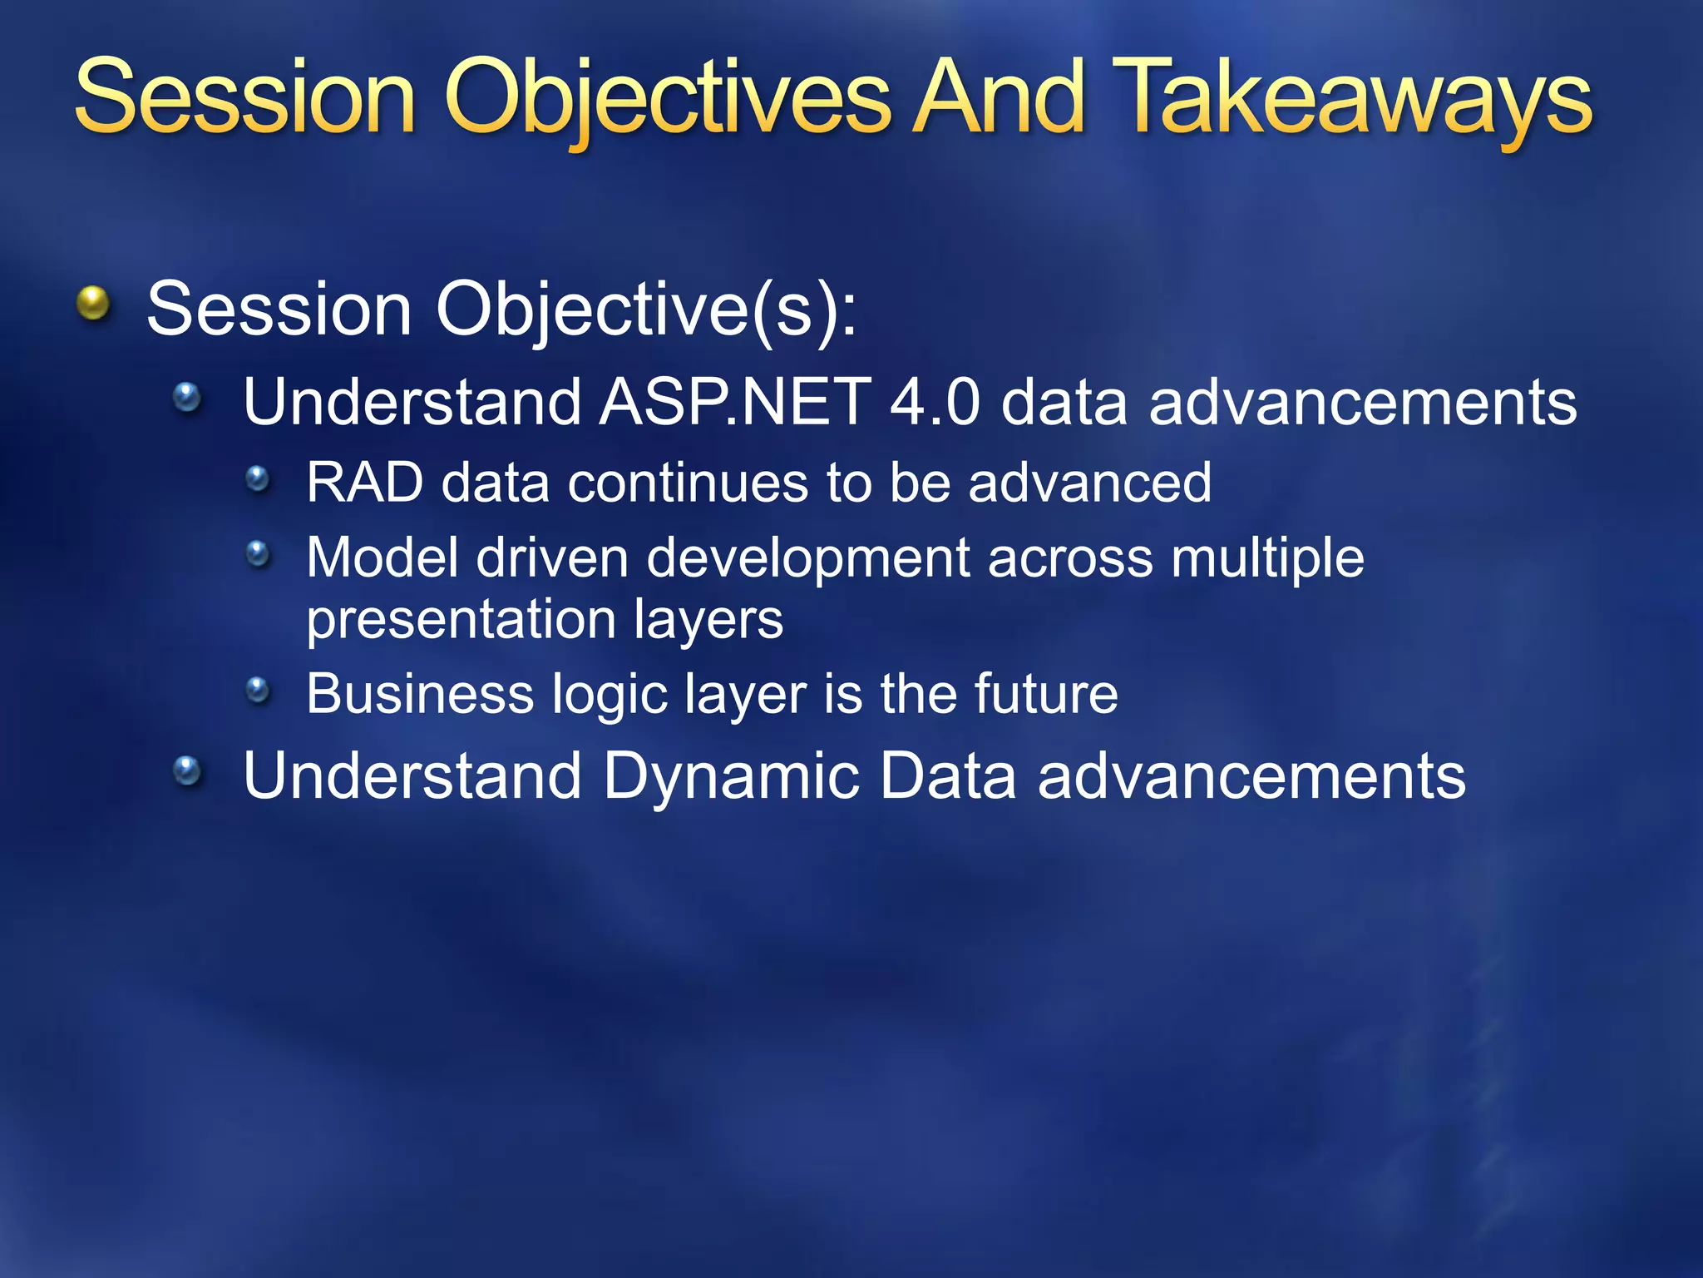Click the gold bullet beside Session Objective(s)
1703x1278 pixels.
(93, 303)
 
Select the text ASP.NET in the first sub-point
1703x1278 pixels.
(735, 402)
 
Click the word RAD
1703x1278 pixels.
(364, 483)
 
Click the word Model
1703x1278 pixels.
(382, 557)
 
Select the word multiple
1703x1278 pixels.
(1267, 557)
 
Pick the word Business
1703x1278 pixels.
(420, 693)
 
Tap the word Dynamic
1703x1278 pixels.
(730, 775)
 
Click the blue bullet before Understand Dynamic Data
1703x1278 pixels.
(187, 770)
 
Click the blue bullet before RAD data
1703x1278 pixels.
(259, 478)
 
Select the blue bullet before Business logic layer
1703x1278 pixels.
(259, 689)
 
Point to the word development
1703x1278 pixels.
(807, 557)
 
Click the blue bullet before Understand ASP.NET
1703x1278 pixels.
(187, 397)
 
